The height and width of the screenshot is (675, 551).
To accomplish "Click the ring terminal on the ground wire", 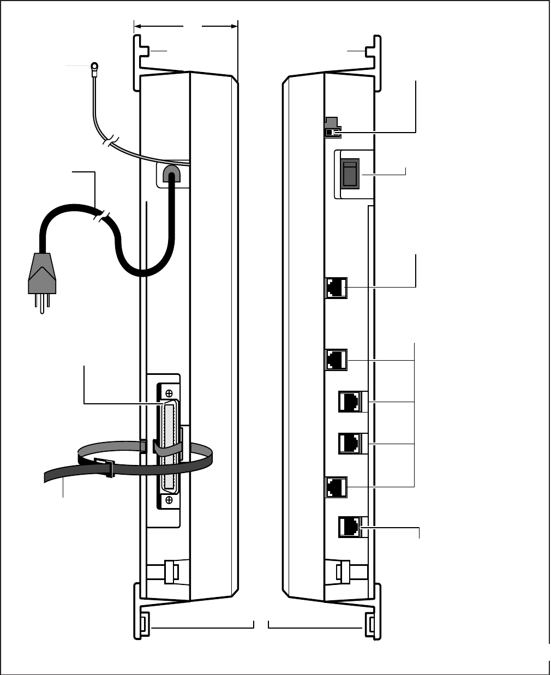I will (x=94, y=68).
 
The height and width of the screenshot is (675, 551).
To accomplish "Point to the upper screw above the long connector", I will (x=169, y=393).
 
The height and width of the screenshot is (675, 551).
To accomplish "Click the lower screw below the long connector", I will (x=169, y=498).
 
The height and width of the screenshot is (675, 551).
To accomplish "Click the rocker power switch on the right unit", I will (x=349, y=174).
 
